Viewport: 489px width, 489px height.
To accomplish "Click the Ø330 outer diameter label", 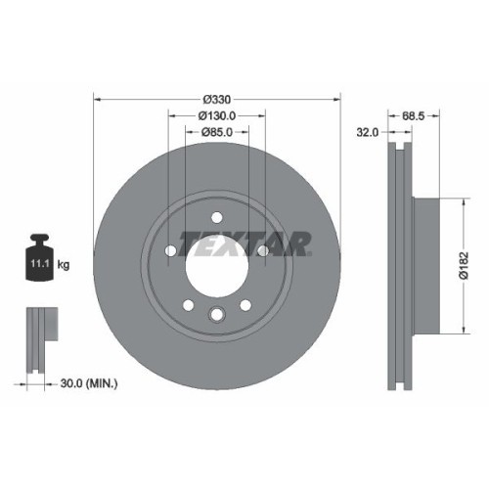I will (216, 100).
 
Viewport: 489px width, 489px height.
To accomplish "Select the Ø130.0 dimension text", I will (216, 115).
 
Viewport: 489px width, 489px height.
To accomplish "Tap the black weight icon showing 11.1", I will (40, 260).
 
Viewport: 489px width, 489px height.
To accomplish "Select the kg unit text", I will (65, 264).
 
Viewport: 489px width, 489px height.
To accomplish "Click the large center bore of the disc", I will (216, 265).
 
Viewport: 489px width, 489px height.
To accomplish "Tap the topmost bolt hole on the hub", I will (216, 218).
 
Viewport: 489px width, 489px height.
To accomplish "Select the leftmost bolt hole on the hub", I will (171, 251).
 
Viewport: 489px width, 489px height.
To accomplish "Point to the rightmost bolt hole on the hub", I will (262, 251).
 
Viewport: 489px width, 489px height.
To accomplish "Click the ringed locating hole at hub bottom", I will (216, 314).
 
